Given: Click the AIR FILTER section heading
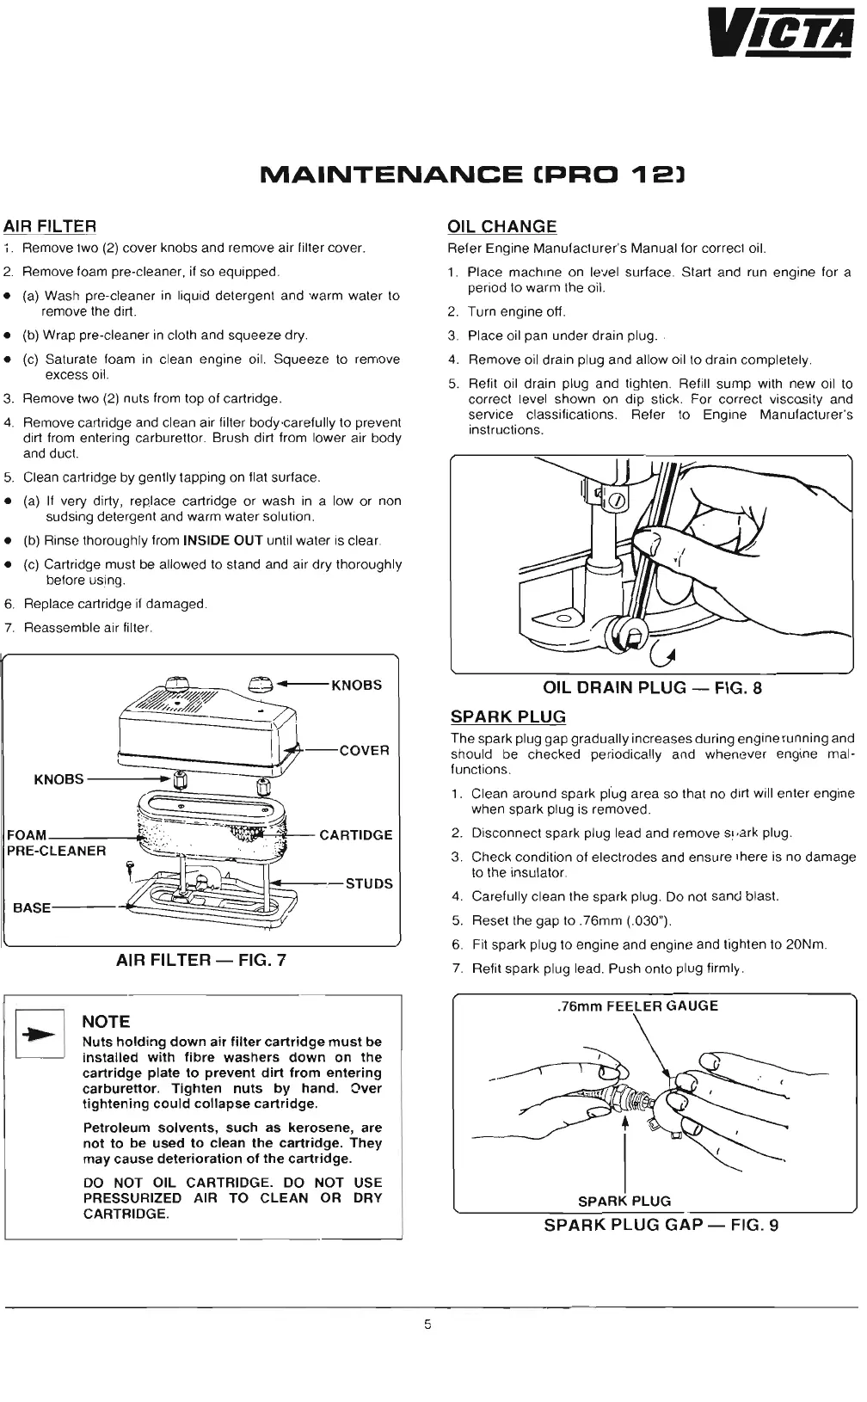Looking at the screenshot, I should [50, 226].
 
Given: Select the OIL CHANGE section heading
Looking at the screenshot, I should [501, 226].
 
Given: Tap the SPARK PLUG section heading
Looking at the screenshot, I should [507, 716].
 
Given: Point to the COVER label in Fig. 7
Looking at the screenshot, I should [364, 750].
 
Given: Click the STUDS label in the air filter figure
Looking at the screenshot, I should [368, 883].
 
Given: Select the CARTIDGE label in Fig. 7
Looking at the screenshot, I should [355, 834].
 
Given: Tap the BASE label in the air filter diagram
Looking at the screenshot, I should [32, 907].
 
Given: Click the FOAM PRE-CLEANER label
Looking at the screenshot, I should [56, 843].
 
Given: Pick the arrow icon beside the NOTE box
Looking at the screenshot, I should [40, 1035].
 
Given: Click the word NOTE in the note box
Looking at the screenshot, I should [106, 1022].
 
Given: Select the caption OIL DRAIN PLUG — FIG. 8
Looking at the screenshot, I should [652, 687].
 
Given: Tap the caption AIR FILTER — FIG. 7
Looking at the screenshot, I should [201, 960].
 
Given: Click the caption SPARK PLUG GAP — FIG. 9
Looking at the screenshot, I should [661, 1225].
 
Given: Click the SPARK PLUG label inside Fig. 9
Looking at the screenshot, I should [624, 1201].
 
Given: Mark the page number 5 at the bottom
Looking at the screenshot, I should [427, 1325].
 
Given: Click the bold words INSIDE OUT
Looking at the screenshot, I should [223, 540].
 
